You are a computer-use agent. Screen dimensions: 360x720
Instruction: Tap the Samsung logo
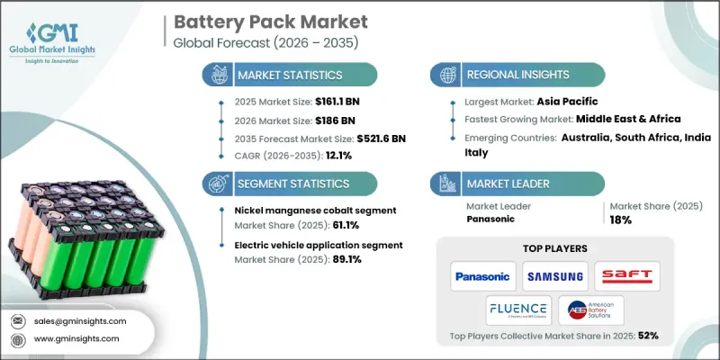[554, 275]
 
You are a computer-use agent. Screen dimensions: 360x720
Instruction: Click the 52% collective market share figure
[648, 336]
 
